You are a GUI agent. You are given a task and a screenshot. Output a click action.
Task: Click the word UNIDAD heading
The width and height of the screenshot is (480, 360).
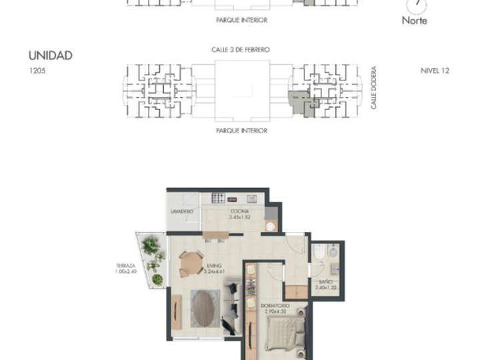(50, 56)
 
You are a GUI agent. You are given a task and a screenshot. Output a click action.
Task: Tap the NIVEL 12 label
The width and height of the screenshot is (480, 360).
(435, 70)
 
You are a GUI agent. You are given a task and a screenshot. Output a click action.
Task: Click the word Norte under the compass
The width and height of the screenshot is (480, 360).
(414, 20)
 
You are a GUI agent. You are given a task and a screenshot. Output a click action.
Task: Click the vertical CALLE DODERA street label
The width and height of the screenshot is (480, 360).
(374, 87)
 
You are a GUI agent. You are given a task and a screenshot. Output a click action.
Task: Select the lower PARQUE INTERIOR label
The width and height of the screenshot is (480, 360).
(241, 131)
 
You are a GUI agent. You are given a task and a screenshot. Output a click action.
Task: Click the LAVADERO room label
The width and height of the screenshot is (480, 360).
(182, 211)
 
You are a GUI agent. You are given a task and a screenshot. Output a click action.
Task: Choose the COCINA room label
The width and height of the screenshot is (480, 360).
(239, 211)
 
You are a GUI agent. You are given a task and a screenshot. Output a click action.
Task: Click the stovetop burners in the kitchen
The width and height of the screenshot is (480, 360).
(218, 198)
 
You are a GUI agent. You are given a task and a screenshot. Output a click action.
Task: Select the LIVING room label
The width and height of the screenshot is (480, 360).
(214, 265)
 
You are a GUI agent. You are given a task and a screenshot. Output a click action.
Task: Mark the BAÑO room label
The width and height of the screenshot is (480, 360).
(323, 282)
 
